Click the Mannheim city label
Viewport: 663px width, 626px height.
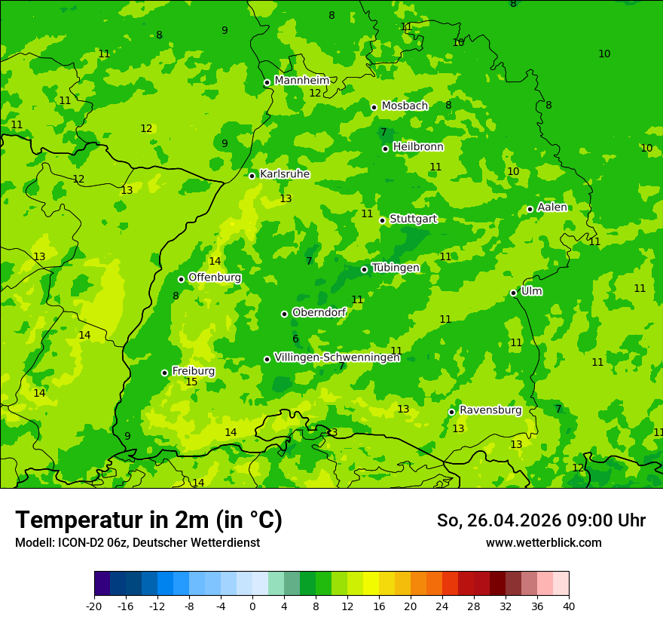(302, 81)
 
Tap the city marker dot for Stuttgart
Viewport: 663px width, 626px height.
(383, 220)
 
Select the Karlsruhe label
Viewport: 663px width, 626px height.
(285, 174)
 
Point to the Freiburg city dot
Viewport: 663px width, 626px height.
(164, 373)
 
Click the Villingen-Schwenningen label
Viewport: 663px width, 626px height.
(337, 357)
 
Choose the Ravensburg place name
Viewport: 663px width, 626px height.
(490, 410)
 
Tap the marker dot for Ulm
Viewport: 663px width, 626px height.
(514, 293)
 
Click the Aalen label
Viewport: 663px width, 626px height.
(552, 207)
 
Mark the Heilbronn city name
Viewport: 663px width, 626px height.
(418, 147)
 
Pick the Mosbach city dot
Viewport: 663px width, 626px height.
(374, 107)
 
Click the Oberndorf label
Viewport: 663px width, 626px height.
(319, 312)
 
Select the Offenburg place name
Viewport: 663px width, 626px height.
(215, 278)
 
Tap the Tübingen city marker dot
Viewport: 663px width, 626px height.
(365, 269)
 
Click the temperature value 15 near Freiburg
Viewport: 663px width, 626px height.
(191, 382)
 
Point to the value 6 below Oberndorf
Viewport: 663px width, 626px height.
(295, 339)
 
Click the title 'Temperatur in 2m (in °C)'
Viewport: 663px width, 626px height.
(148, 520)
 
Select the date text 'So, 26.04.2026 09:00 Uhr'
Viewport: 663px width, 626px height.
(541, 520)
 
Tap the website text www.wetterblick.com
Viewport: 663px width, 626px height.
(544, 542)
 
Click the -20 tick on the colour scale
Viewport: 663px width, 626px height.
(93, 606)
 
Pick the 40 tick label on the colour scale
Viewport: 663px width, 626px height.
(569, 606)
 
